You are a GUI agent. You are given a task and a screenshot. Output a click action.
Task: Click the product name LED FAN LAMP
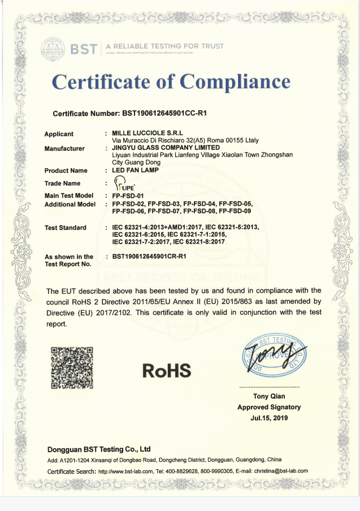136,170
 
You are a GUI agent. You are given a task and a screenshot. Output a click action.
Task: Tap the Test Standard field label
65,228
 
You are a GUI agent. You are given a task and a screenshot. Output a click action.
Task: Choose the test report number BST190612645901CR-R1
150,257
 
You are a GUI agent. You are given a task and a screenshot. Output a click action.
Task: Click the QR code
72,367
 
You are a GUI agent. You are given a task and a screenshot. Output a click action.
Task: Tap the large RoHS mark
167,371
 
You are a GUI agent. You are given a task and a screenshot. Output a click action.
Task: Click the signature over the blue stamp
275,356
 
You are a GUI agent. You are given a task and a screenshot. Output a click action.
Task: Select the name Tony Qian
269,396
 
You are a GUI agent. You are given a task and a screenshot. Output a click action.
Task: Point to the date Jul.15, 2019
269,418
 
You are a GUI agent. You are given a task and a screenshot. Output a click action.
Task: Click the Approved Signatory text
269,407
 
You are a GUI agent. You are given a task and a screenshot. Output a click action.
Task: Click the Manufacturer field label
64,149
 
